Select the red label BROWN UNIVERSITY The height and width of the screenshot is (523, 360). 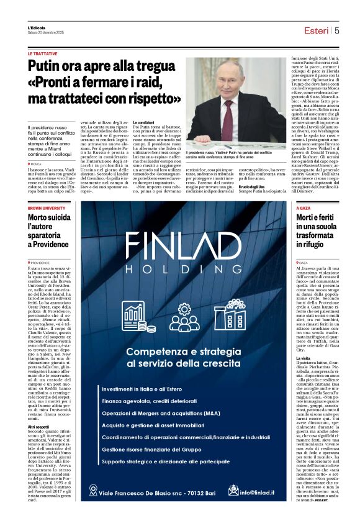pyautogui.click(x=47, y=208)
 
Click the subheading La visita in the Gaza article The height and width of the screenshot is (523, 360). pyautogui.click(x=304, y=358)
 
